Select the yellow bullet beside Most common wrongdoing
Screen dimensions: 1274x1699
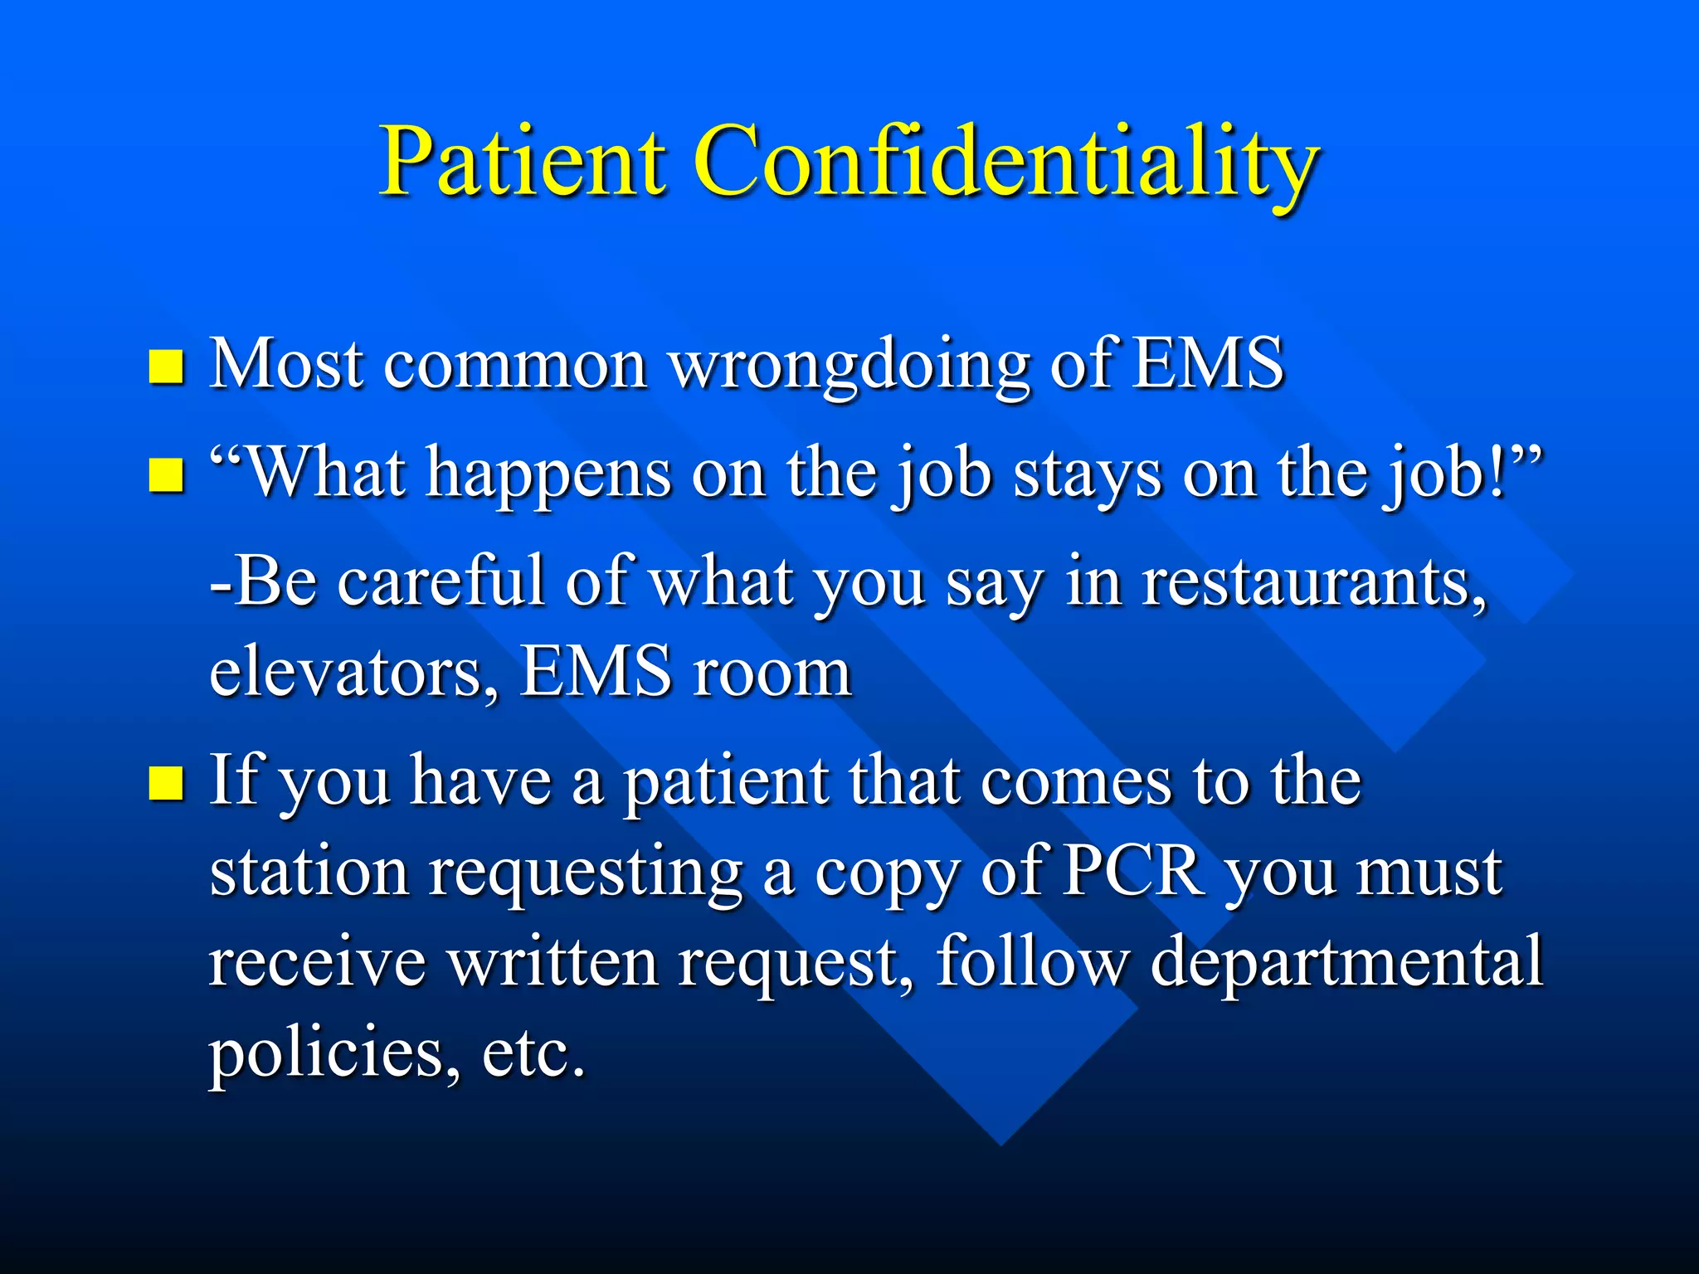coord(165,366)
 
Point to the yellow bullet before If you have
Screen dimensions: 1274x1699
coord(165,783)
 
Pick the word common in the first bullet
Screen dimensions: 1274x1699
coord(514,366)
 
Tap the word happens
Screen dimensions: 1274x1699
coord(548,475)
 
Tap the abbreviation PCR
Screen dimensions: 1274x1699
coord(1133,873)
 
